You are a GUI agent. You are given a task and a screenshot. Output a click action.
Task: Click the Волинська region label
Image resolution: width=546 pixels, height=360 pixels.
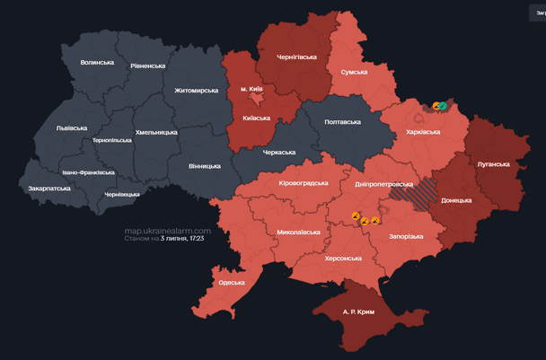[x=97, y=62]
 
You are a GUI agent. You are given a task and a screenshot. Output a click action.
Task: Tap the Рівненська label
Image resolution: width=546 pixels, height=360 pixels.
[x=147, y=66]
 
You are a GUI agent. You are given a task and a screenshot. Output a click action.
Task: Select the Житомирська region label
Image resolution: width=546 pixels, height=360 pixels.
[x=196, y=90]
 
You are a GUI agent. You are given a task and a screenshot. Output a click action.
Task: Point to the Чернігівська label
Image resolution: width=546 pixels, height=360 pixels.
[x=296, y=57]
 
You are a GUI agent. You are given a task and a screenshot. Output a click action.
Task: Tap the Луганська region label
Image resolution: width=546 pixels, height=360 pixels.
[x=492, y=164]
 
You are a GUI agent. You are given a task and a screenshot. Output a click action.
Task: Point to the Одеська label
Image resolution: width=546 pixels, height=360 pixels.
[x=231, y=282]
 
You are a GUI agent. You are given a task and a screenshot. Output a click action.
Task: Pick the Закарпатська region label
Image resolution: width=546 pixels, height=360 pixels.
[x=49, y=189]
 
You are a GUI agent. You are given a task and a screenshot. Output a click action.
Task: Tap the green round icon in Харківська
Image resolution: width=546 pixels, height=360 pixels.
[x=444, y=105]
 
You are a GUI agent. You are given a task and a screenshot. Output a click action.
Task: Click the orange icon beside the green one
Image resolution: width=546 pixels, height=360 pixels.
[x=436, y=105]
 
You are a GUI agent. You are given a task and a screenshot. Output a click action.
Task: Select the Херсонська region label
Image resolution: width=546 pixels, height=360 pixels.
[x=341, y=258]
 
